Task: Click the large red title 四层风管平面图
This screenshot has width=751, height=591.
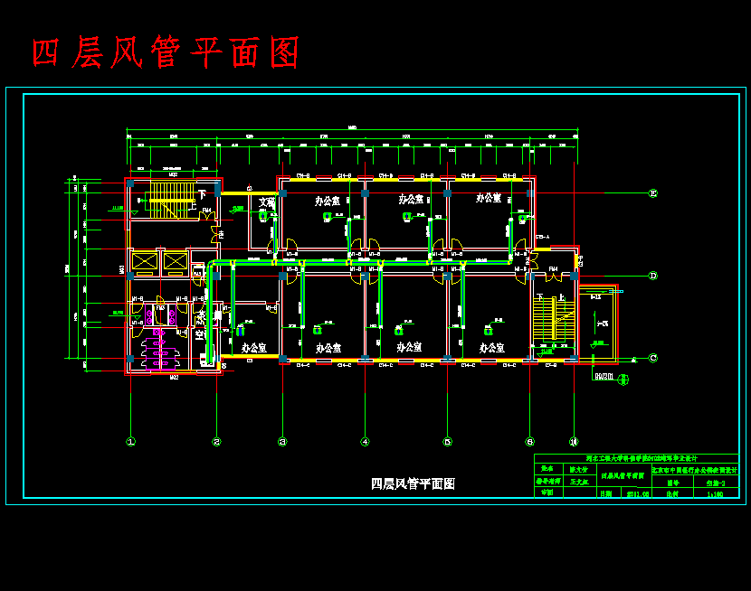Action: click(x=166, y=53)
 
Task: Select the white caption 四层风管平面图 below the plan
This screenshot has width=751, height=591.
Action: click(x=413, y=483)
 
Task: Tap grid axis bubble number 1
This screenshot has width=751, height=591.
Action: click(x=131, y=442)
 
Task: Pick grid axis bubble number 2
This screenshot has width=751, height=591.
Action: click(x=216, y=442)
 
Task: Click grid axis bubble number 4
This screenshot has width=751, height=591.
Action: click(x=365, y=442)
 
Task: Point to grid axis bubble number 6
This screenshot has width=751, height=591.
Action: click(x=529, y=442)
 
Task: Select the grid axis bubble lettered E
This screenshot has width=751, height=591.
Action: click(x=652, y=193)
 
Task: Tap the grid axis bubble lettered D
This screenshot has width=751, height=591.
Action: click(x=652, y=276)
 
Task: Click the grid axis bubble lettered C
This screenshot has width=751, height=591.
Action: click(x=652, y=358)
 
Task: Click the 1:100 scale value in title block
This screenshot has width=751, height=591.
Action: click(x=714, y=494)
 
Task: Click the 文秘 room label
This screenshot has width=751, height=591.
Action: click(x=266, y=202)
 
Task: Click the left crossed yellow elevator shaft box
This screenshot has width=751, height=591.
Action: click(x=144, y=262)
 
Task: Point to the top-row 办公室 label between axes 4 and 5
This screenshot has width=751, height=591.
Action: click(x=411, y=199)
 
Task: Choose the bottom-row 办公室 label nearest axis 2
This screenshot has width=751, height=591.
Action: click(x=253, y=347)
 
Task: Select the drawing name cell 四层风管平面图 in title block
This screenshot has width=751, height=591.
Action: click(x=622, y=475)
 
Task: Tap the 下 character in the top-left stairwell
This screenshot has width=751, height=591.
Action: click(x=202, y=194)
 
